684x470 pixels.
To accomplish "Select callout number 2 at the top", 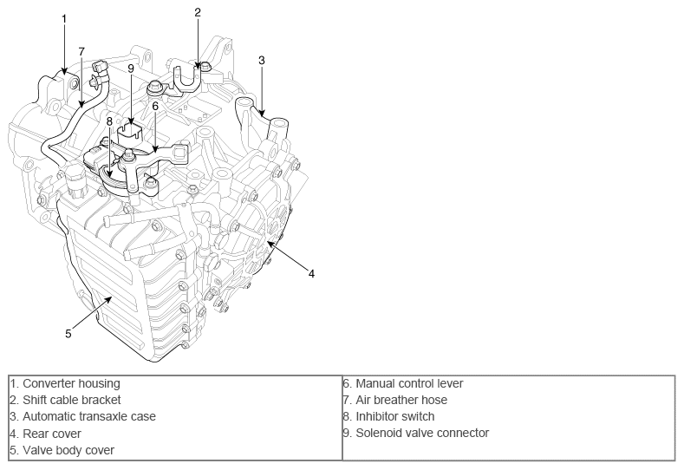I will pos(198,12).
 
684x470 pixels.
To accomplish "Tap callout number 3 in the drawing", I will pos(261,60).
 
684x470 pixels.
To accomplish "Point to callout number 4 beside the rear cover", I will pos(311,273).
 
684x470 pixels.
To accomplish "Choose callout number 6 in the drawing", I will pos(154,106).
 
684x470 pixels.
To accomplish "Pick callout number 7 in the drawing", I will pos(81,51).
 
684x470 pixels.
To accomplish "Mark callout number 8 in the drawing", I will pos(109,121).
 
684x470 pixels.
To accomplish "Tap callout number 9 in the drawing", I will pos(131,68).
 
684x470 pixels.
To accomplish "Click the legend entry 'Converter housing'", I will pos(65,383).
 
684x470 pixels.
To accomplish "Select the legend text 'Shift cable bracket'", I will pos(65,400).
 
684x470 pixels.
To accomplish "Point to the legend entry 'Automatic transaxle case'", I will pos(82,416).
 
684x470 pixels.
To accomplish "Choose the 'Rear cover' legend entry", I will pos(45,434).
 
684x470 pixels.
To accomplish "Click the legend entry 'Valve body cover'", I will pos(62,450).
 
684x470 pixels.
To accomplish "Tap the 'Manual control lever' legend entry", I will pos(403,383).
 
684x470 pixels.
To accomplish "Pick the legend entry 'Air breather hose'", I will pos(394,400).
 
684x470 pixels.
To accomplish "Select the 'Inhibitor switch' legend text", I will pos(388,416).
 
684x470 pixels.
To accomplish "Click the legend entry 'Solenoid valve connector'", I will pos(416,433).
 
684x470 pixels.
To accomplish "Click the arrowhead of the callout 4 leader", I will pos(270,245).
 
